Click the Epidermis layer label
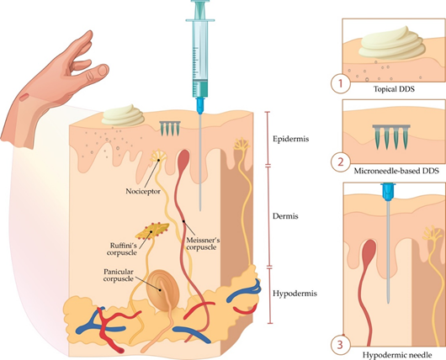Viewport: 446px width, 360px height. point(290,139)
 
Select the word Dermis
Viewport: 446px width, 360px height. point(285,216)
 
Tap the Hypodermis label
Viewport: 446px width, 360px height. point(295,294)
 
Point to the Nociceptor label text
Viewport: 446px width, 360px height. point(143,192)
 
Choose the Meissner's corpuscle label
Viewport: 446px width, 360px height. point(203,244)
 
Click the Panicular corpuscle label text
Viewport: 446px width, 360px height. point(119,275)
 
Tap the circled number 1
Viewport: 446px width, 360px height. point(341,84)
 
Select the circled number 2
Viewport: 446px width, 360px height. point(340,162)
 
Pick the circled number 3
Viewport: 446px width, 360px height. point(340,345)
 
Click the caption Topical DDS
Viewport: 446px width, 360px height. point(394,89)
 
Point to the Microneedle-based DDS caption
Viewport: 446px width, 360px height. point(396,171)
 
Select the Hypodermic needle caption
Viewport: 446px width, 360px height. point(397,355)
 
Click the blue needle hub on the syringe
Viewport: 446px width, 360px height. point(200,105)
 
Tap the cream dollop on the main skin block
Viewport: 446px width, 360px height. point(123,115)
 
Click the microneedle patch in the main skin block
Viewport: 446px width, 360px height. point(170,128)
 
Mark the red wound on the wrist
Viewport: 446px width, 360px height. point(24,97)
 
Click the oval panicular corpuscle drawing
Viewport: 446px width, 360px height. point(162,291)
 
